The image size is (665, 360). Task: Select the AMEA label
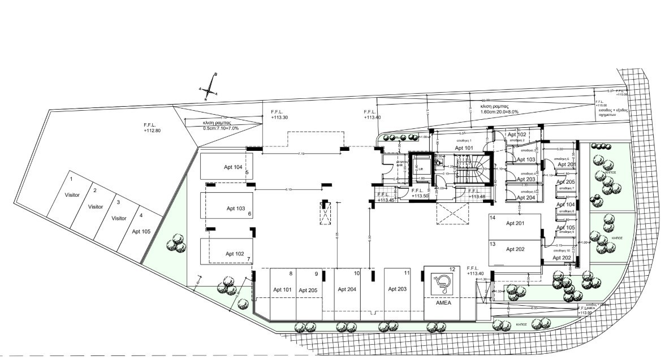point(442,302)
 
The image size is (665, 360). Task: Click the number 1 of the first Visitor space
point(71,179)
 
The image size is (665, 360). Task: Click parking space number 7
point(248,259)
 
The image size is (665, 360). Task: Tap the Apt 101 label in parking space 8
point(282,289)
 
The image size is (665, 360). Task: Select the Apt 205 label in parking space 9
point(308,290)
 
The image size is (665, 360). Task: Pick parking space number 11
point(407,273)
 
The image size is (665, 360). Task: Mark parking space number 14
point(493,218)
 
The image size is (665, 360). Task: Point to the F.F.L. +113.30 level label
point(279,115)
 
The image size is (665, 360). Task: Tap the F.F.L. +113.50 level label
point(420,193)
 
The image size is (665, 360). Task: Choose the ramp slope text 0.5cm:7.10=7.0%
point(221,128)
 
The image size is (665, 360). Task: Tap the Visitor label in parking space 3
point(119,218)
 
